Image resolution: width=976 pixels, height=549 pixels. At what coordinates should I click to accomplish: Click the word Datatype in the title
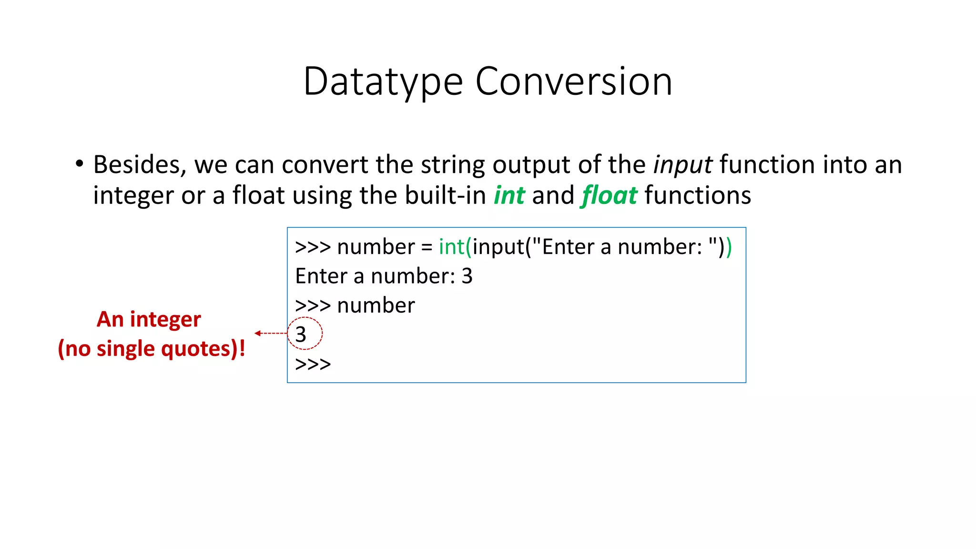383,82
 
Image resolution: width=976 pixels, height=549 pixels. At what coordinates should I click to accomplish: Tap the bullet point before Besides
79,164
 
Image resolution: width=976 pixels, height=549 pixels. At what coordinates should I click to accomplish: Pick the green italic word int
509,195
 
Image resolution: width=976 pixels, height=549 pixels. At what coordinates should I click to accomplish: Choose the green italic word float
609,195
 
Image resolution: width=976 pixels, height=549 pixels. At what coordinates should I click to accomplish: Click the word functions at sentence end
697,195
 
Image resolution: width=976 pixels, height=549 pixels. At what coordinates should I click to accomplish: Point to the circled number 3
301,334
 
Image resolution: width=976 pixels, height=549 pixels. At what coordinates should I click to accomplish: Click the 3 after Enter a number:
467,276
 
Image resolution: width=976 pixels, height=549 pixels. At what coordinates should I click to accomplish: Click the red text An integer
149,319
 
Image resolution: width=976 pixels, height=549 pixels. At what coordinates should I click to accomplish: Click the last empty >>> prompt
313,365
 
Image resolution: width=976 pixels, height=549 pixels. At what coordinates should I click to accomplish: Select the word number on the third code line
376,305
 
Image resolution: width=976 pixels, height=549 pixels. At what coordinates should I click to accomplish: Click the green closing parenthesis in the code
729,247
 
